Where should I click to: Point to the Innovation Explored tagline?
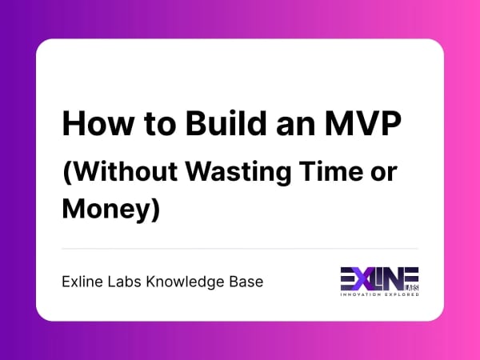[x=379, y=294]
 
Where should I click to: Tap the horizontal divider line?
[x=240, y=249]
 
